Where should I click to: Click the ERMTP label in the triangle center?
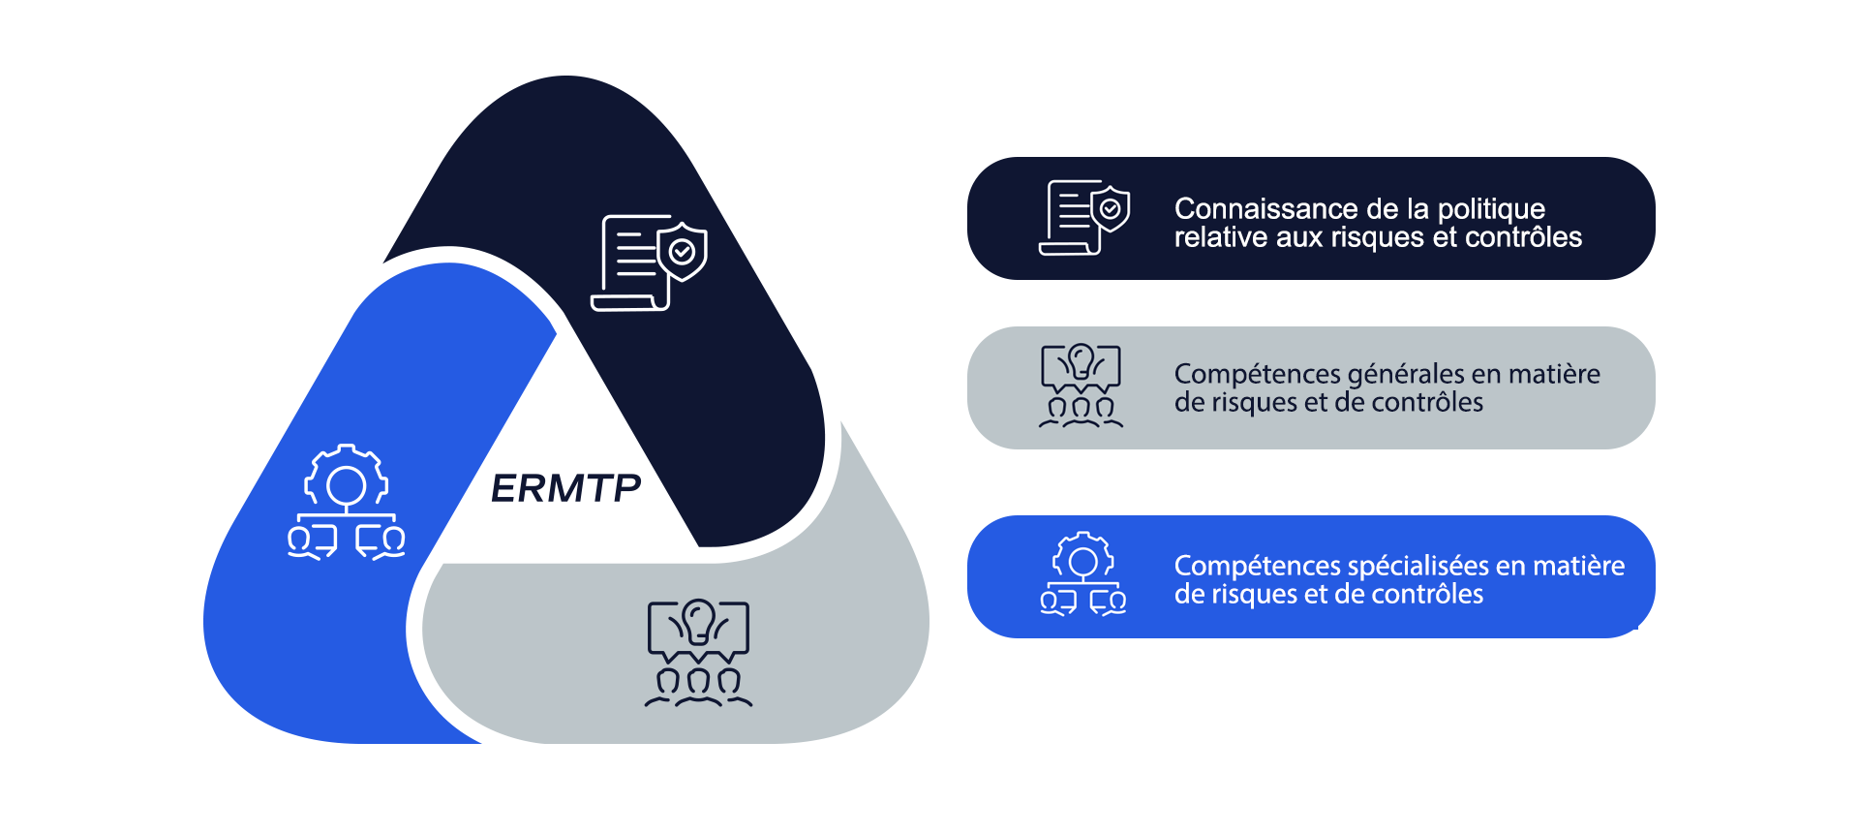click(x=566, y=488)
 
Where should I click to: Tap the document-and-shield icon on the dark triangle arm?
click(x=649, y=263)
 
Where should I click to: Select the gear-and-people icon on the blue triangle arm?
click(x=347, y=502)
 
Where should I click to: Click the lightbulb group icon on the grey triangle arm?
click(x=698, y=653)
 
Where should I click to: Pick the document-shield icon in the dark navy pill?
click(x=1084, y=217)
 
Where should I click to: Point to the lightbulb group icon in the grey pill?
click(x=1081, y=386)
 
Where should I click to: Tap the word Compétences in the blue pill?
click(x=1257, y=567)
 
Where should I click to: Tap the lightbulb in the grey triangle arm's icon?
click(x=698, y=620)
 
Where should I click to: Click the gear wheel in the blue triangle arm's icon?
click(x=347, y=481)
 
